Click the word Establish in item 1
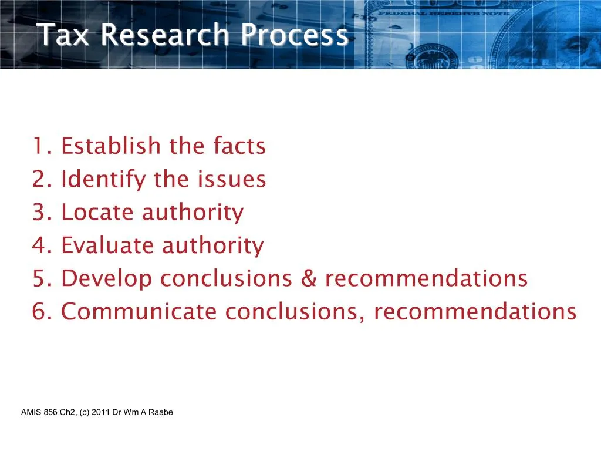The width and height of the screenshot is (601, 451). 111,146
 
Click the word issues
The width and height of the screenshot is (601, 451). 235,179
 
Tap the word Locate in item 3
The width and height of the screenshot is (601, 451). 97,212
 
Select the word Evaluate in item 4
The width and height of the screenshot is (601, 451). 107,245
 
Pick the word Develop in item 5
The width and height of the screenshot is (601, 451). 106,279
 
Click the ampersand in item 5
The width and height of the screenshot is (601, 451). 308,279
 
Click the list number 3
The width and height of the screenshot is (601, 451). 40,212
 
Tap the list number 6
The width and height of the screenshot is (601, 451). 40,312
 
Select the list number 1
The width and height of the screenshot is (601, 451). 40,146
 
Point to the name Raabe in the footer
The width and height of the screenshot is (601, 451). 161,412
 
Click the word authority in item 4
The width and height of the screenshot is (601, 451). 212,245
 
